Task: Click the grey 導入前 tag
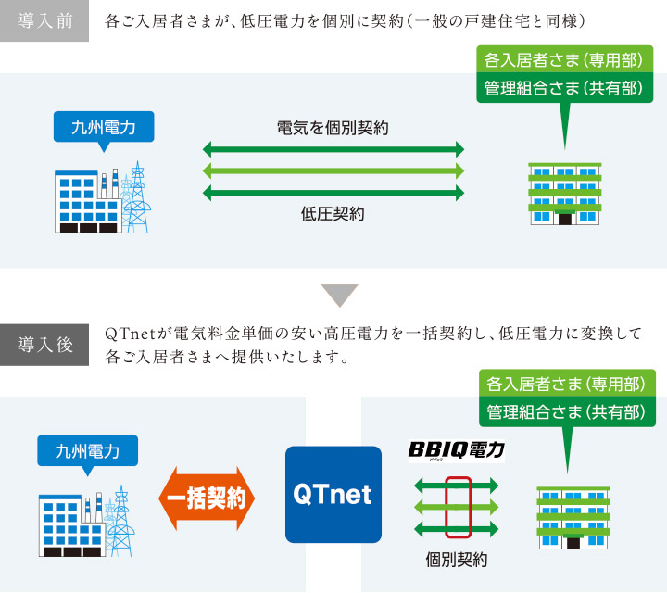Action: coord(44,21)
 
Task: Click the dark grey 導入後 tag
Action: coord(44,345)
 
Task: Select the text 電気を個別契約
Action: coord(333,128)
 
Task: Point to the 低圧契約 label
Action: coord(333,213)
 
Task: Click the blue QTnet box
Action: coord(333,495)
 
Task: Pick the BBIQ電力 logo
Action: coord(457,450)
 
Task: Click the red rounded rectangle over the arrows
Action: coord(458,507)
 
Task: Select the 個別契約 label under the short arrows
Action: coord(457,559)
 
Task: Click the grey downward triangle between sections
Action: coord(333,294)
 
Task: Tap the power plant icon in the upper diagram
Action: coord(102,197)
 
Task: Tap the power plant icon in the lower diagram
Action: coord(85,521)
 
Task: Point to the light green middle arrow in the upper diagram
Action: coord(333,170)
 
